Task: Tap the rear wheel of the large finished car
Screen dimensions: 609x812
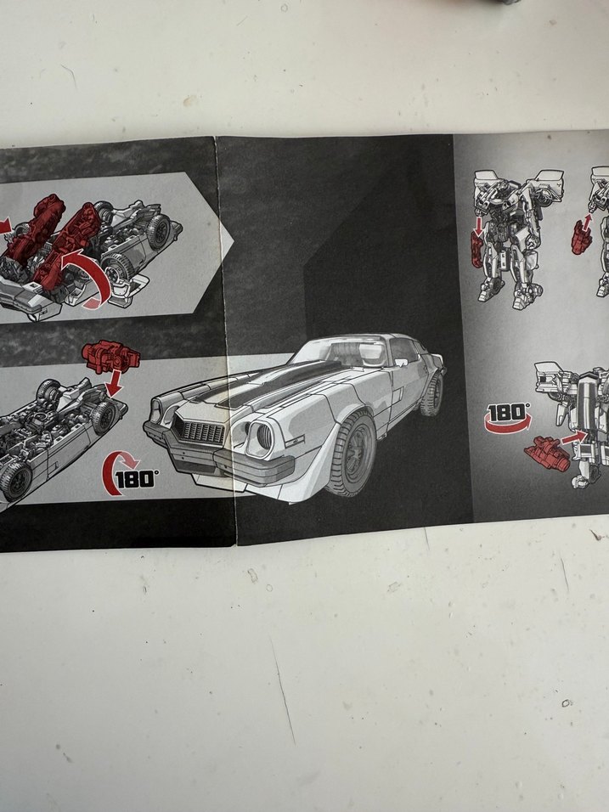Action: tap(431, 393)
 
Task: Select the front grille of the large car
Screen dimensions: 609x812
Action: tap(199, 431)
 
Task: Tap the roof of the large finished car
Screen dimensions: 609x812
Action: tap(358, 338)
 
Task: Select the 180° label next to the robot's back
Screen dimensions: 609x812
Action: tap(508, 417)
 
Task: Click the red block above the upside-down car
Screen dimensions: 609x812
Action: tap(110, 356)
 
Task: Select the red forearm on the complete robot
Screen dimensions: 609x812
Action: tap(477, 250)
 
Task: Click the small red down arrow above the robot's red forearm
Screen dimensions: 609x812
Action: tap(478, 225)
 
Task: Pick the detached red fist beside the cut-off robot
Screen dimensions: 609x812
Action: tap(580, 237)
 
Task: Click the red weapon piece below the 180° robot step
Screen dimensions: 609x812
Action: tap(547, 453)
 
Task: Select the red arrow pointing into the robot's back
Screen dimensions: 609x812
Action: tap(574, 437)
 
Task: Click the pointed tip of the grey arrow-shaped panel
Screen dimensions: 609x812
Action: tap(234, 241)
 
